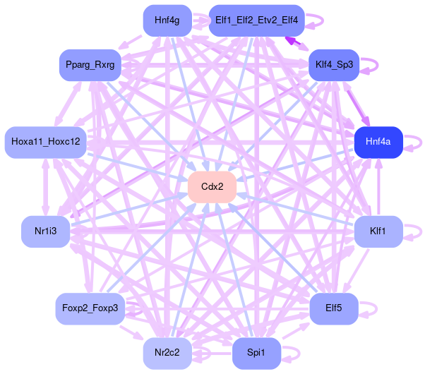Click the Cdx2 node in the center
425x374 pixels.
(x=212, y=187)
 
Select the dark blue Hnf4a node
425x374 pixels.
(x=378, y=143)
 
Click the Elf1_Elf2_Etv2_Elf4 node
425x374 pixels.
(x=256, y=20)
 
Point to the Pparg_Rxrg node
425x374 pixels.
(x=90, y=66)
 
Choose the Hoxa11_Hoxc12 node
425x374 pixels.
(x=45, y=142)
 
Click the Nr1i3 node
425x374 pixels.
(x=45, y=231)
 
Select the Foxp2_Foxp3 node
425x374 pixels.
(x=90, y=308)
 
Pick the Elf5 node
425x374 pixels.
(x=334, y=308)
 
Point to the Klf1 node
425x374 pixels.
(x=378, y=231)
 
